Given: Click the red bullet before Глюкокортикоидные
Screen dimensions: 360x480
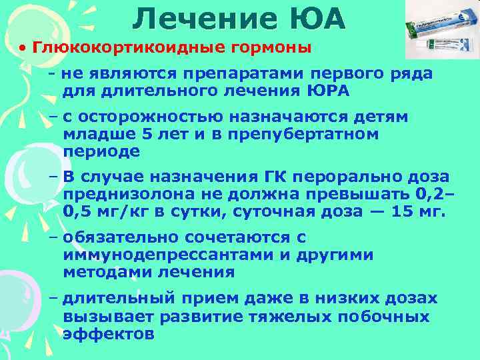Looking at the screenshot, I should pos(22,49).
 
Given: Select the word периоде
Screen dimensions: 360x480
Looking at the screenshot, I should pos(102,151).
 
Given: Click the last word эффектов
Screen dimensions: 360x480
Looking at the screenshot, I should pos(109,333).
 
